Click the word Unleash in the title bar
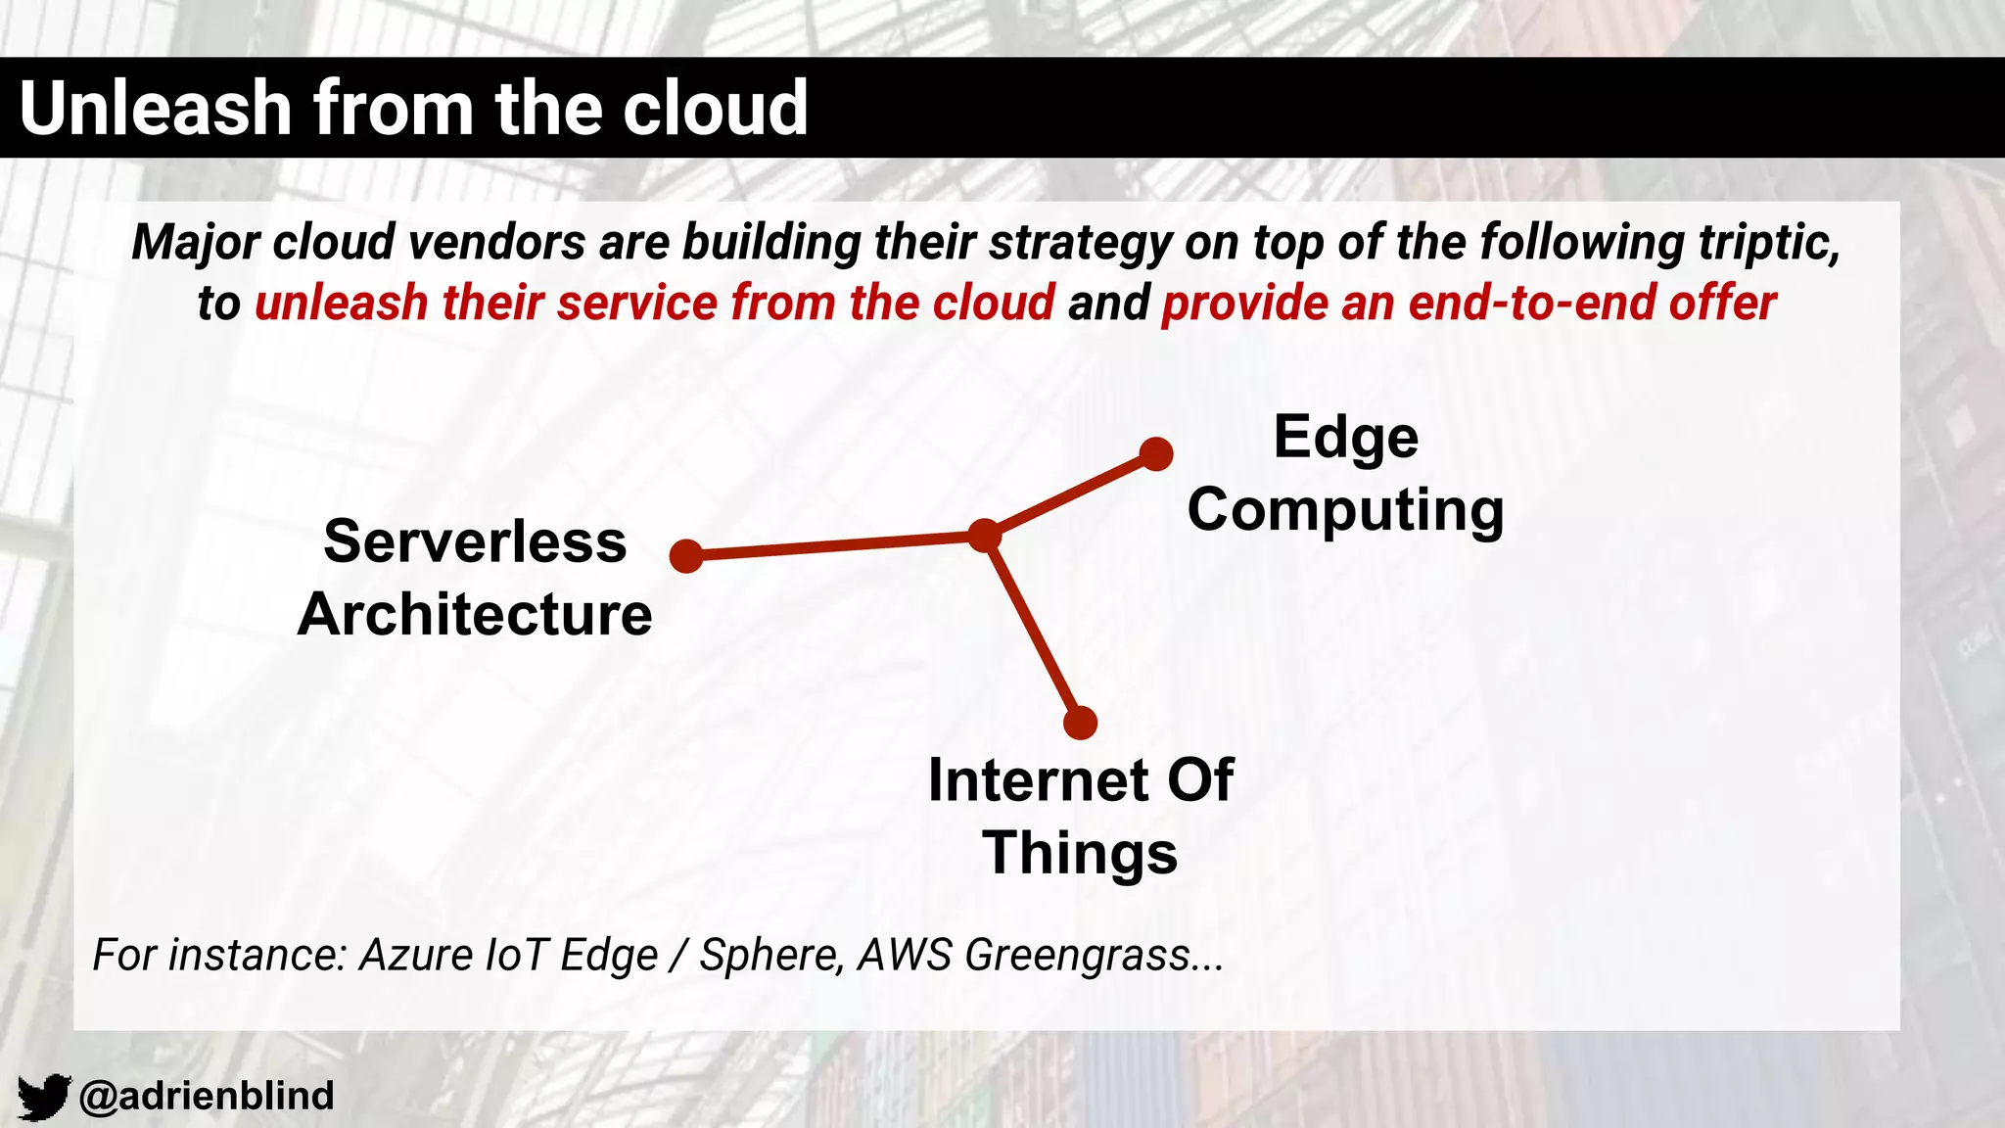coord(155,108)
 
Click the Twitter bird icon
coord(44,1096)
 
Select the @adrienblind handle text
coord(207,1096)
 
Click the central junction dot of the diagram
coord(984,536)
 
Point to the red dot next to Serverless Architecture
coord(686,556)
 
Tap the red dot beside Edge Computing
coord(1156,454)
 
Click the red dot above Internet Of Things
coord(1080,724)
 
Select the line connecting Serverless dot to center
coord(835,546)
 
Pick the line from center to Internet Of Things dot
coord(1032,630)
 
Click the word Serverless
coord(475,541)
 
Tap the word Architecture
coord(475,615)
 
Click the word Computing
coord(1345,511)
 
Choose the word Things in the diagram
coord(1080,853)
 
